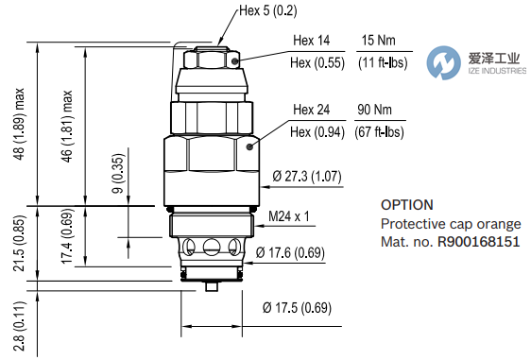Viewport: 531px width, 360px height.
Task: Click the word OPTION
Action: tap(406, 204)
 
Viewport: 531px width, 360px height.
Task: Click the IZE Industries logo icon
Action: tap(441, 64)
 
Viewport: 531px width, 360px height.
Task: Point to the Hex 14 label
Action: tap(311, 42)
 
